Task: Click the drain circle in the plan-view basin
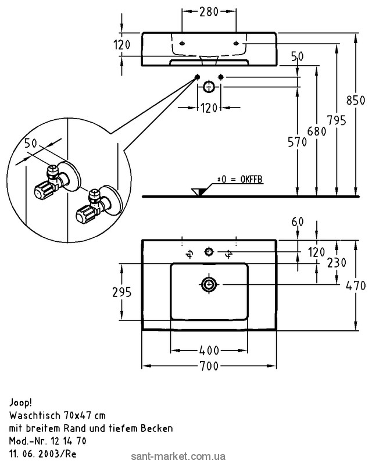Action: click(x=209, y=284)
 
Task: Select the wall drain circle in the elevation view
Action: click(x=209, y=88)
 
